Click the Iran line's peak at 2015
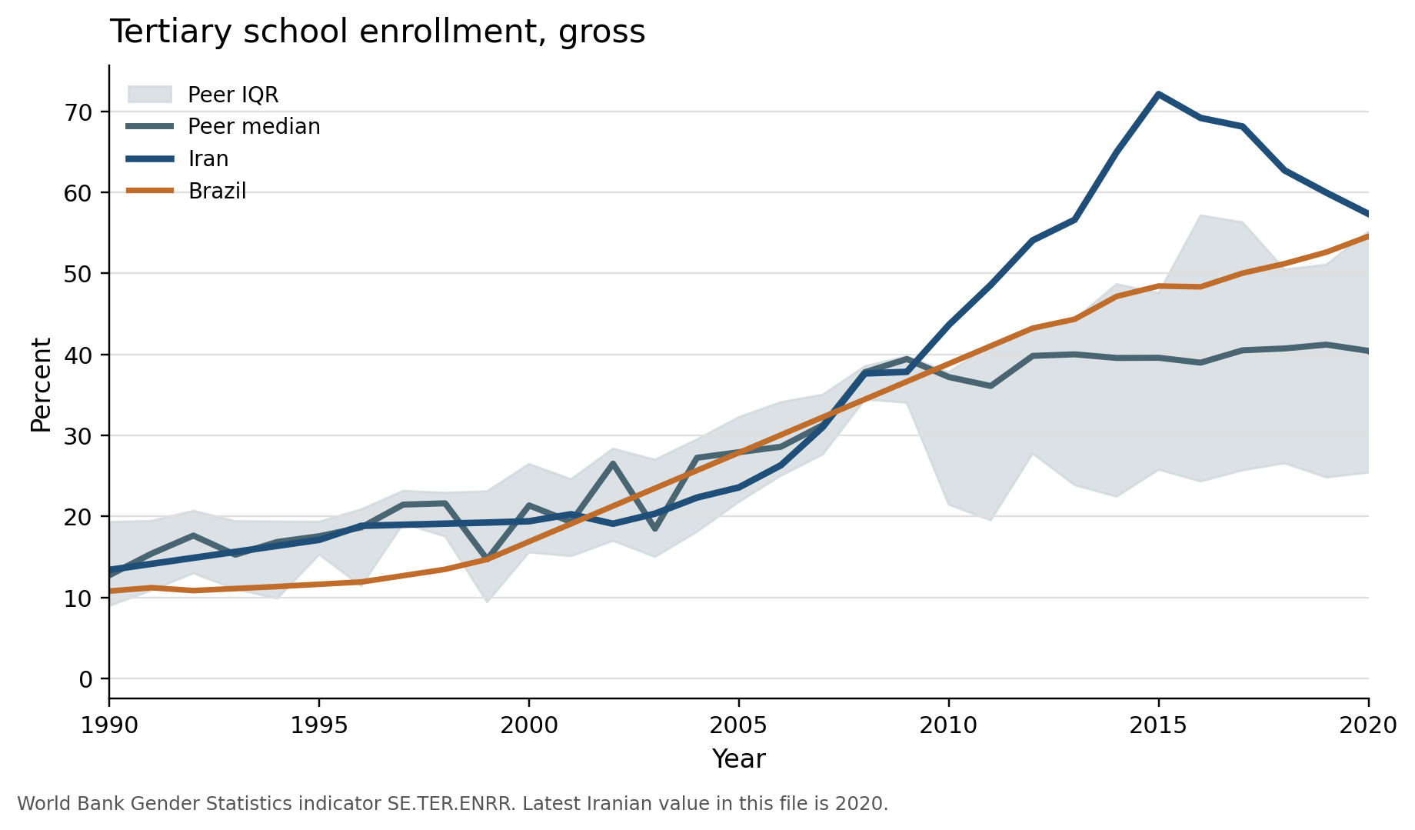tap(1158, 94)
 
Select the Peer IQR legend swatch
tap(149, 95)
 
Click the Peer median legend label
tap(254, 127)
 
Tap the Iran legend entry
tap(208, 159)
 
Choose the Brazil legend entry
tap(217, 192)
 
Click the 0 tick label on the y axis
tap(85, 679)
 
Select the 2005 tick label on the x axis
tap(738, 725)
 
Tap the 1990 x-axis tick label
tap(109, 725)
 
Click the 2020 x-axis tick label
tap(1367, 725)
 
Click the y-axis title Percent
tap(41, 385)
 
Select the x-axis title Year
tap(738, 759)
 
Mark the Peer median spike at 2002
tap(613, 463)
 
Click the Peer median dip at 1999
tap(487, 557)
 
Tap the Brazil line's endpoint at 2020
tap(1368, 236)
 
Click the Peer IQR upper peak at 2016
tap(1200, 215)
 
